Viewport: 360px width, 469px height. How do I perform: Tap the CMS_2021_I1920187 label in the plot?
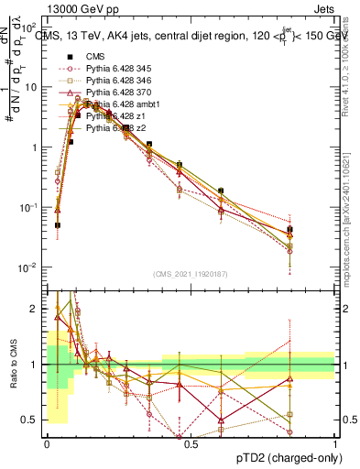point(191,274)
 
